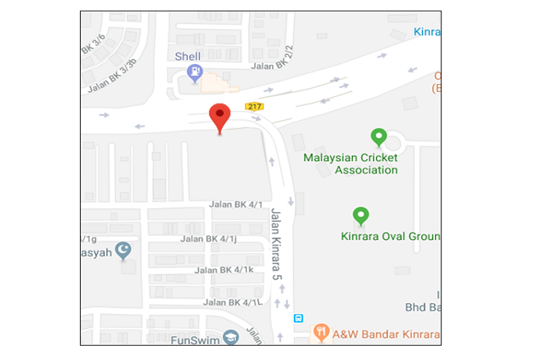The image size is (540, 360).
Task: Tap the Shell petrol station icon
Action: pos(194,72)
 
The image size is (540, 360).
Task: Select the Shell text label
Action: pos(188,56)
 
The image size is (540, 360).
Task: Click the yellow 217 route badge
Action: pos(253,107)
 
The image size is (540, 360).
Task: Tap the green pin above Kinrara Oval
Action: pos(361,215)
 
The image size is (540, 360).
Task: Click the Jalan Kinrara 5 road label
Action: pos(277,246)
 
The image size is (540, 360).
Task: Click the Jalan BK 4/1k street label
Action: pos(224,270)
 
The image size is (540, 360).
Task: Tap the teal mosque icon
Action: pos(124,250)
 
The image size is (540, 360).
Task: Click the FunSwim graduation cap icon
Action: pos(230,336)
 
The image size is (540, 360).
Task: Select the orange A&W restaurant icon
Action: pos(321,331)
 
